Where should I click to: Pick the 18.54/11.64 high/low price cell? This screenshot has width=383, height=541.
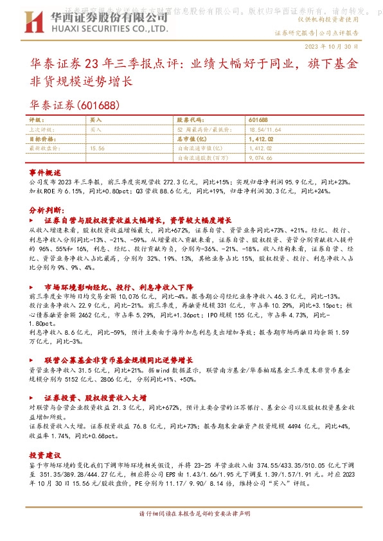246,129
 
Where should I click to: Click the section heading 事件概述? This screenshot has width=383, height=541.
45,173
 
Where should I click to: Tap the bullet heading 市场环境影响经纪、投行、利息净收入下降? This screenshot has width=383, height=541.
119,287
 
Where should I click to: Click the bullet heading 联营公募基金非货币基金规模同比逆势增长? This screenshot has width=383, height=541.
123,360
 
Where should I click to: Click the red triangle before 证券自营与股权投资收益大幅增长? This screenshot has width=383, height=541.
33,220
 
